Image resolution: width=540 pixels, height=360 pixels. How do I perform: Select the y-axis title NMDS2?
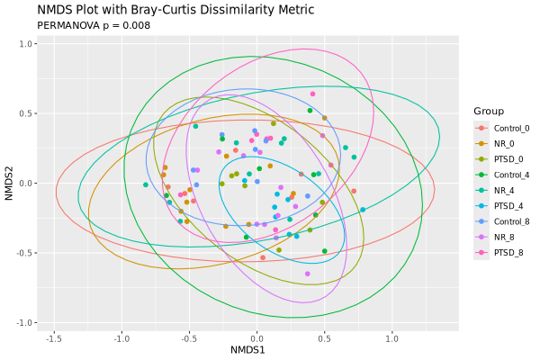pos(9,183)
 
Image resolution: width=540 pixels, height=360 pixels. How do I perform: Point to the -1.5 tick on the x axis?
pos(54,337)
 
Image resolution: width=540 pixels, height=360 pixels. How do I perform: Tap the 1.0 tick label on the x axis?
pos(392,337)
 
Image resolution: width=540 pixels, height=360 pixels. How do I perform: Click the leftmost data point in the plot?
pos(145,184)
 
